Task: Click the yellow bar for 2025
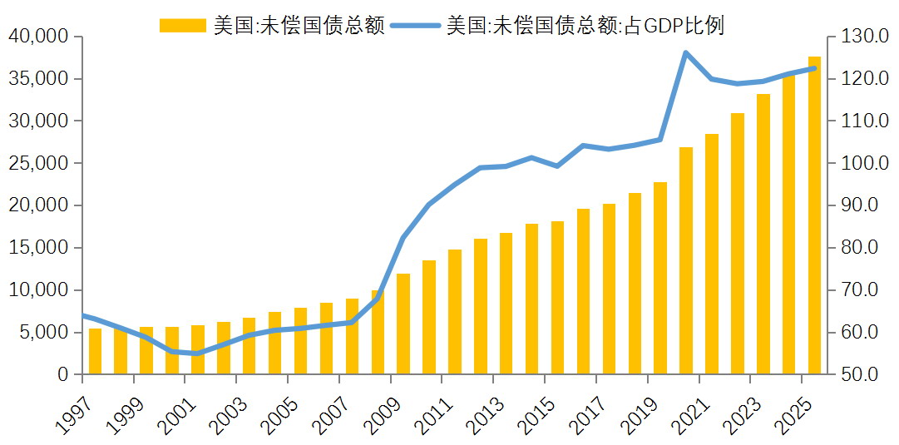(814, 215)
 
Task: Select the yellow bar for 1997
(95, 352)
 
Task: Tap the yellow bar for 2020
(686, 261)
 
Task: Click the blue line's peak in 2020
(686, 52)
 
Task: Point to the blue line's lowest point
(197, 354)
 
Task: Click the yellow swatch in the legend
(182, 26)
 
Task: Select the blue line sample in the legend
(415, 26)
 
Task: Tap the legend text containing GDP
(585, 26)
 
